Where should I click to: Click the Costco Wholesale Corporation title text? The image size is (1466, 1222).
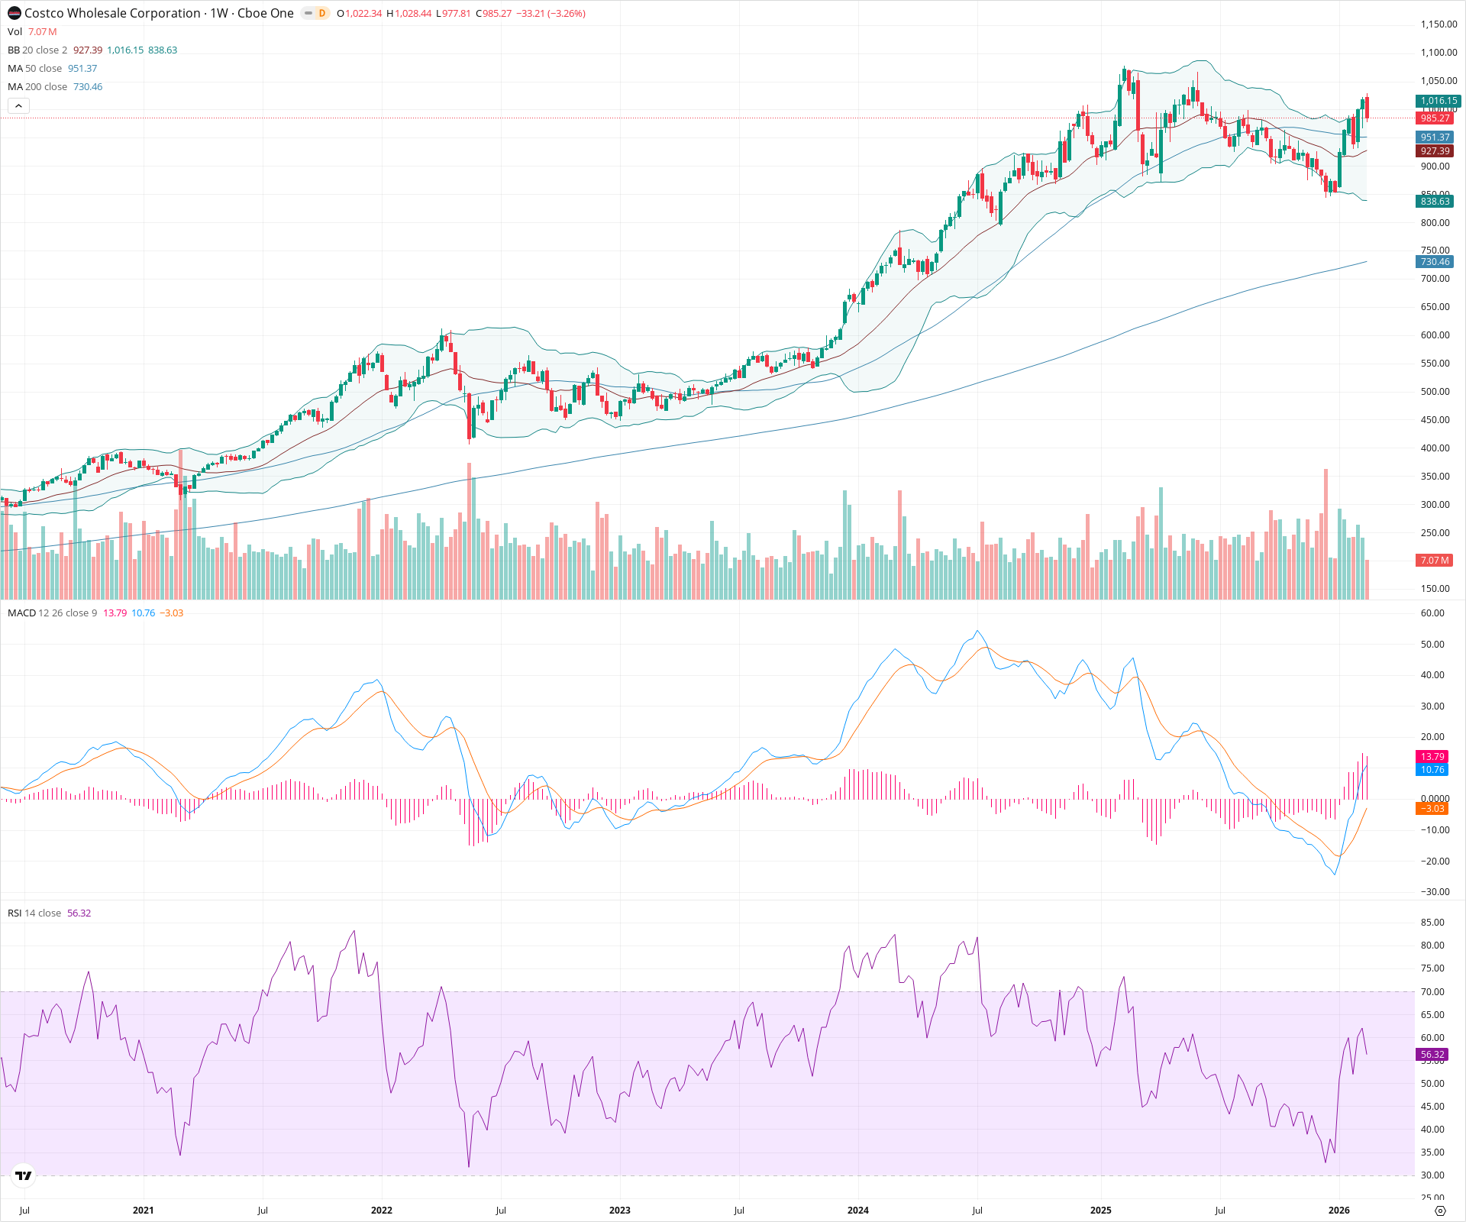(x=112, y=13)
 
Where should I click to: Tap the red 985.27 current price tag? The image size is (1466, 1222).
(x=1435, y=118)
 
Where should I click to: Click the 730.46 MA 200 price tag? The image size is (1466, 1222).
(x=1435, y=262)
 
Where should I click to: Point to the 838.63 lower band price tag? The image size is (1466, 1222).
(x=1435, y=202)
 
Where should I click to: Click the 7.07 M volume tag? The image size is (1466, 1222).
(x=1435, y=561)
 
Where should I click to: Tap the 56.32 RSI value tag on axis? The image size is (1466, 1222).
(x=1432, y=1055)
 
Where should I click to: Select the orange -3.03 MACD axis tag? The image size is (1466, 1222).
(x=1432, y=809)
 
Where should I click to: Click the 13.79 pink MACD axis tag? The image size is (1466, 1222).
(x=1432, y=757)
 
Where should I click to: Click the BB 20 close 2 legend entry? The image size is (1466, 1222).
(x=37, y=50)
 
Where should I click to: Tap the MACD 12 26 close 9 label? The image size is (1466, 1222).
(x=52, y=613)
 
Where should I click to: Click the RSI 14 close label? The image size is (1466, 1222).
(x=34, y=913)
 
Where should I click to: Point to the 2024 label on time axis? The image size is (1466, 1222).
(x=857, y=1211)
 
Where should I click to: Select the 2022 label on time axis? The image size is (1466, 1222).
(x=381, y=1211)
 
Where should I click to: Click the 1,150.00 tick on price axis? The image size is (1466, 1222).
(x=1439, y=24)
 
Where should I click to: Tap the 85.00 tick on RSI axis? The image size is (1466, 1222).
(x=1432, y=923)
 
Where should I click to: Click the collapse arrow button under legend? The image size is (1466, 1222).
(x=18, y=106)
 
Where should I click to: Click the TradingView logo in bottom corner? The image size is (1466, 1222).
(x=24, y=1175)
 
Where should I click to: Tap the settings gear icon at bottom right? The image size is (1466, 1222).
(x=1440, y=1211)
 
